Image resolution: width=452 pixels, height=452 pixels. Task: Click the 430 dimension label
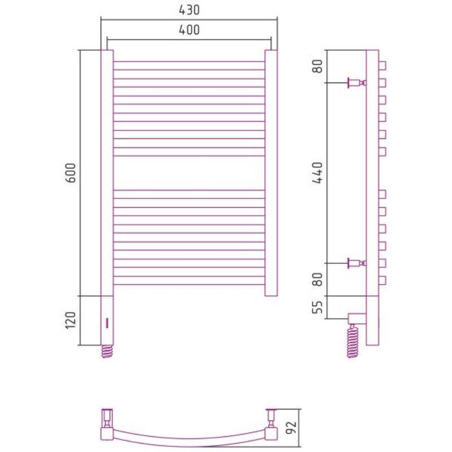(189, 10)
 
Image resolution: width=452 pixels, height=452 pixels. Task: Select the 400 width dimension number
(189, 30)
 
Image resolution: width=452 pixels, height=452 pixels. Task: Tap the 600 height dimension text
(71, 173)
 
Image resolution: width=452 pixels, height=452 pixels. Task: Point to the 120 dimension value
(71, 320)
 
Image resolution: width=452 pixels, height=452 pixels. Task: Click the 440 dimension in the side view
(318, 173)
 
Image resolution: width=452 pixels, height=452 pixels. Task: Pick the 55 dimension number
(318, 307)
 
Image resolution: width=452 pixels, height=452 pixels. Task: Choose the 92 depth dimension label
(292, 428)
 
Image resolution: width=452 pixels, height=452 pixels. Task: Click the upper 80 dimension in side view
(318, 66)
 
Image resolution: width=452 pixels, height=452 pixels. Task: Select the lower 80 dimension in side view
(318, 279)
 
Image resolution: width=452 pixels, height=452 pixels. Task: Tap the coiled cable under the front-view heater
(107, 351)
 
